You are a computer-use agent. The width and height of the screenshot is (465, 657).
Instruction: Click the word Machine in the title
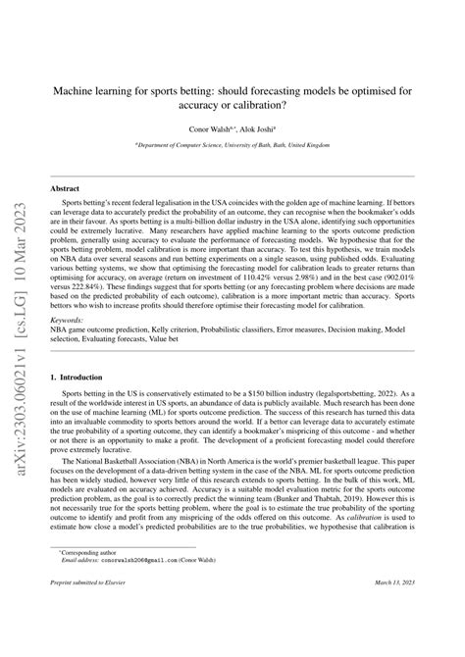pos(81,87)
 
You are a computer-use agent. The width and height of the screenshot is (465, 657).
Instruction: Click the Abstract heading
pos(66,187)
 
